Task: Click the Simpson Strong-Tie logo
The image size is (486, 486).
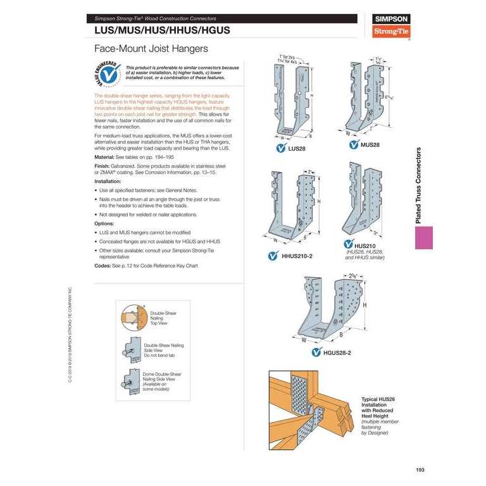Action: click(x=391, y=26)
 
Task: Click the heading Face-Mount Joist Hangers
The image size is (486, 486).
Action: click(x=150, y=48)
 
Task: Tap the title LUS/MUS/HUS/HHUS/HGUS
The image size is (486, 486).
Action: click(x=161, y=30)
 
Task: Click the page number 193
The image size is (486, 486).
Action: click(x=420, y=469)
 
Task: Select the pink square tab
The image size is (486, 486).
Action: click(x=423, y=239)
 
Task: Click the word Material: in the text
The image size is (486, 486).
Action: click(x=105, y=156)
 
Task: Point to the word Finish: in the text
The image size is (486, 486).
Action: click(x=103, y=166)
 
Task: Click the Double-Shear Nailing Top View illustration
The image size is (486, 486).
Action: click(x=134, y=315)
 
